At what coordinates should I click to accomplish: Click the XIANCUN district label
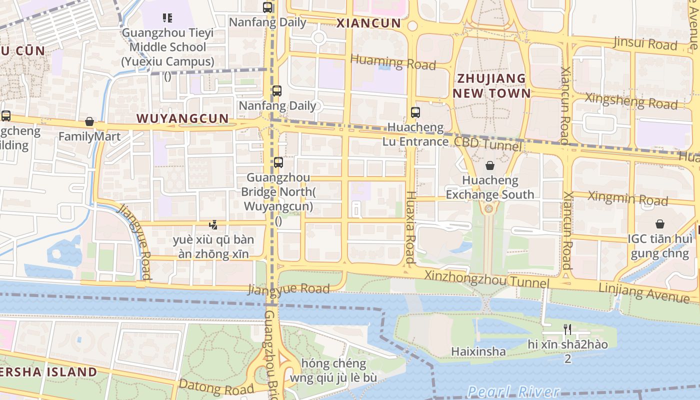tap(368, 23)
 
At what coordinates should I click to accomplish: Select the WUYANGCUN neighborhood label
tap(182, 118)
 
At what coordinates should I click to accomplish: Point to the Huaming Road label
tap(393, 62)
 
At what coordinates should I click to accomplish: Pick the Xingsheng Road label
tap(631, 101)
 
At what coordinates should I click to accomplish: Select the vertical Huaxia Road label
tap(410, 227)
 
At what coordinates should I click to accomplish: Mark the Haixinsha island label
tap(478, 351)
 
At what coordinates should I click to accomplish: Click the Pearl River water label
tap(513, 391)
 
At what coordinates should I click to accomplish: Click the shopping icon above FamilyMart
tap(89, 121)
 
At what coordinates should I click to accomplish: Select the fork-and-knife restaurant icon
tap(567, 329)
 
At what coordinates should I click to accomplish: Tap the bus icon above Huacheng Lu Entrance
tap(415, 112)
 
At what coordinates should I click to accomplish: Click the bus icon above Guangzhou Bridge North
tap(278, 162)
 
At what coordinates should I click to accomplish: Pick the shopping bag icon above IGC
tap(660, 223)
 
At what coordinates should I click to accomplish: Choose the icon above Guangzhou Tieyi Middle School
tap(167, 18)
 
